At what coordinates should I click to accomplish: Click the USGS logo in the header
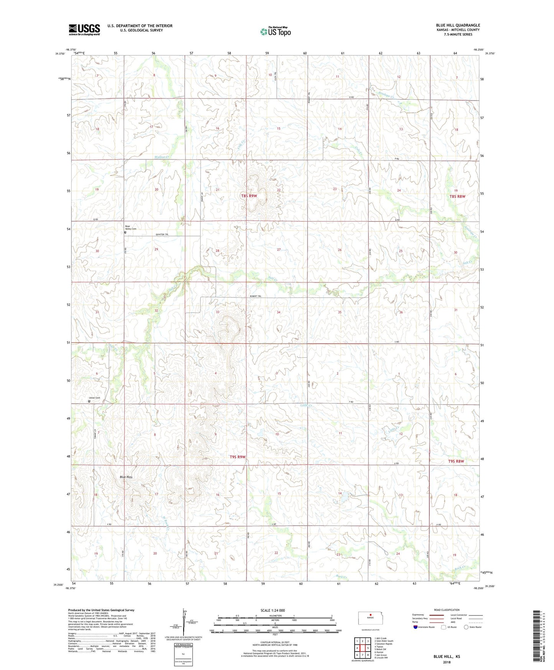tap(84, 29)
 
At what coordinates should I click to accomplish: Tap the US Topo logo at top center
tap(275, 31)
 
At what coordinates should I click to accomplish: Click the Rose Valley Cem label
tap(131, 228)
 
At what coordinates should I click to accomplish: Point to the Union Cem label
tap(94, 398)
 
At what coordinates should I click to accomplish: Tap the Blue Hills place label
tap(126, 477)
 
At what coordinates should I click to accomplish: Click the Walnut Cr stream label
tap(161, 157)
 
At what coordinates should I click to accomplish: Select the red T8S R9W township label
tap(249, 196)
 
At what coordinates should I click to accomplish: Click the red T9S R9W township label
tap(237, 457)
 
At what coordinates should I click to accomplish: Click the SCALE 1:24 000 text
tap(273, 611)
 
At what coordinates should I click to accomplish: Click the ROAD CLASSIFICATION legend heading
tap(447, 610)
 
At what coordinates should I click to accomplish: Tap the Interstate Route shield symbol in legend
tap(416, 627)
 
